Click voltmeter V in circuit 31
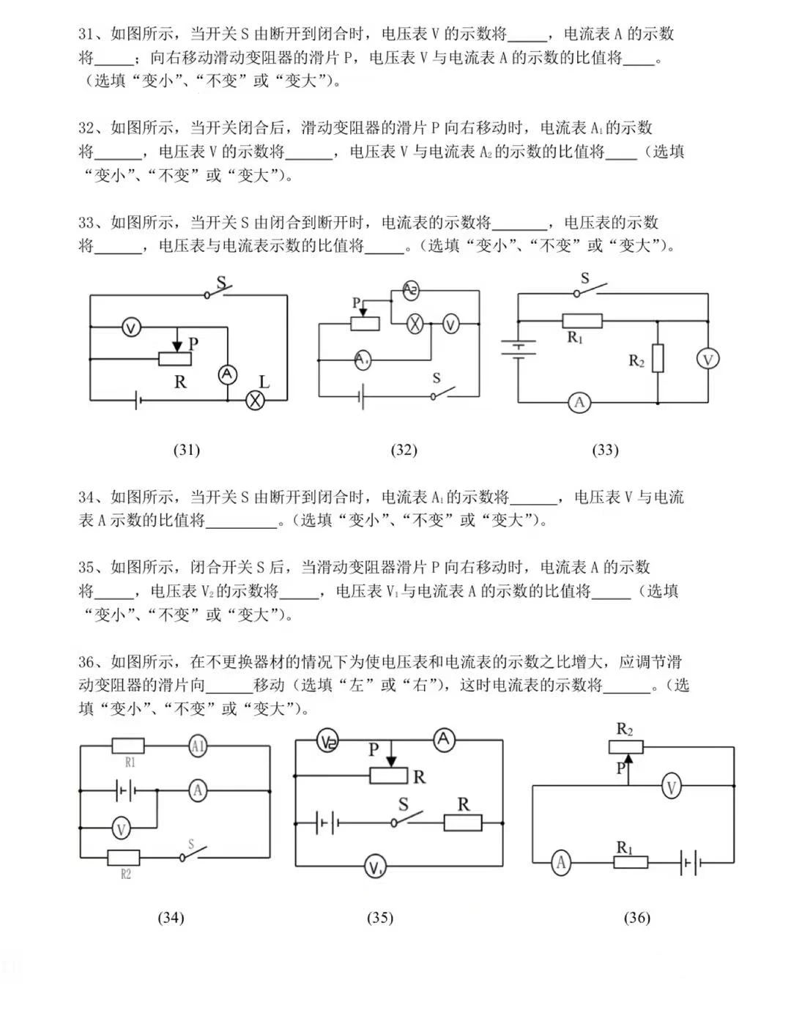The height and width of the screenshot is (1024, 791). (130, 327)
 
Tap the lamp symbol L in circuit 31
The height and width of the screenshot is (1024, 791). (255, 399)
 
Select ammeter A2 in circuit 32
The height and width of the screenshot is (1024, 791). (411, 291)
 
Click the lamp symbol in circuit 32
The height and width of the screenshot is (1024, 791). (415, 324)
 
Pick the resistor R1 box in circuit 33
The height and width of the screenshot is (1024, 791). (582, 321)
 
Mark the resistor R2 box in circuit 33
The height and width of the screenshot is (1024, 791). (658, 358)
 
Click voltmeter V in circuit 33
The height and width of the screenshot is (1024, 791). (708, 359)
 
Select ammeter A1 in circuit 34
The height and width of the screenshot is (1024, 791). (197, 746)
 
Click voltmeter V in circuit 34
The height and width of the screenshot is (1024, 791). (122, 829)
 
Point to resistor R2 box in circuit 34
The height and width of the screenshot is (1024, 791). (124, 857)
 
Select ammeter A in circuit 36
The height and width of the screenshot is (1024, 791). (561, 862)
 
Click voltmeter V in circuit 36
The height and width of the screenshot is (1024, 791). (671, 787)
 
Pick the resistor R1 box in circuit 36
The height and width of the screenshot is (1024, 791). (630, 862)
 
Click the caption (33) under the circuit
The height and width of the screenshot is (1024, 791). (605, 450)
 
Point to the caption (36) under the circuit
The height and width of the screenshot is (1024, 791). (636, 917)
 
